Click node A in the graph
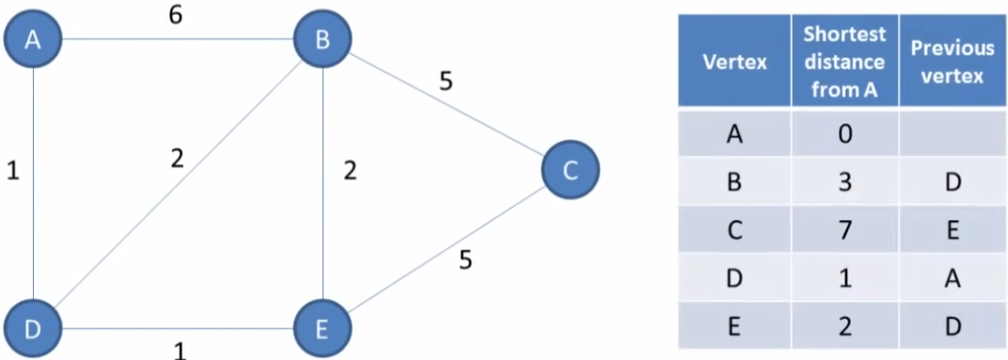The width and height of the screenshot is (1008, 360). [33, 39]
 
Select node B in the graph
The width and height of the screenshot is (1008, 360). [323, 39]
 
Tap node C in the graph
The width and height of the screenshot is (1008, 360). [570, 169]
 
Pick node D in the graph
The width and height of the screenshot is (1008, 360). [33, 329]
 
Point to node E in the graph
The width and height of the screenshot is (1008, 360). [323, 329]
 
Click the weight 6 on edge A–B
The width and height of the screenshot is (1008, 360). [175, 16]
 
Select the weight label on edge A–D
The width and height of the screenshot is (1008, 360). [11, 173]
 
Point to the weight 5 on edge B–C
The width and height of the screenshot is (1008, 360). [446, 81]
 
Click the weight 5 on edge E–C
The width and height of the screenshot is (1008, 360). [465, 259]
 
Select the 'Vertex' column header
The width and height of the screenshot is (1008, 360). [734, 63]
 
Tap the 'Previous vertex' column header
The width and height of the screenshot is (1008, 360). [952, 63]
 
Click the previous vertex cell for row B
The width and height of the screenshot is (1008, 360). [952, 181]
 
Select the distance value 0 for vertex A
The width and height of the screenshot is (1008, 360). [844, 133]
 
